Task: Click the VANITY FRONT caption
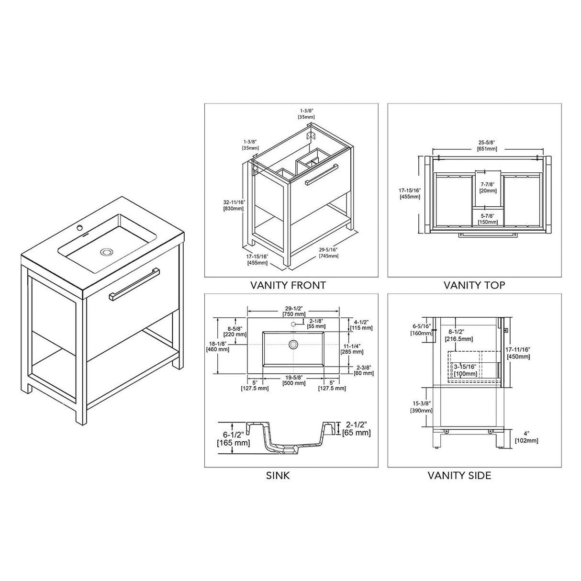point(288,285)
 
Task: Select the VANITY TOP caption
point(474,285)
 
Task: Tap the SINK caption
point(278,475)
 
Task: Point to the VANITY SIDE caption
point(459,475)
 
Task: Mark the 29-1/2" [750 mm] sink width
point(294,312)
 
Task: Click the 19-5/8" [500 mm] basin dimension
point(293,380)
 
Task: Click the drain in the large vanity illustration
point(106,251)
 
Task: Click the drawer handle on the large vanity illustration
point(134,284)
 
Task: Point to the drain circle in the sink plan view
point(293,344)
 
